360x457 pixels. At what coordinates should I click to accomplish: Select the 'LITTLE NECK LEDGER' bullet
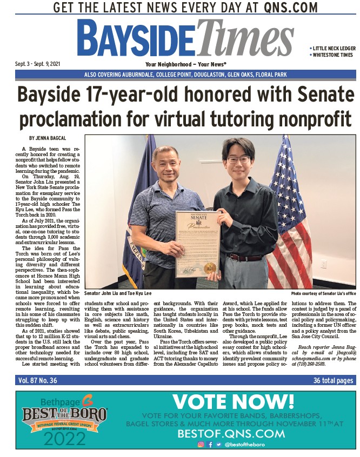click(x=334, y=49)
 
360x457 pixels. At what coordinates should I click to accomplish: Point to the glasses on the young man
click(x=238, y=159)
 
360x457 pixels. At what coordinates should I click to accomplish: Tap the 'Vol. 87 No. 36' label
click(x=37, y=380)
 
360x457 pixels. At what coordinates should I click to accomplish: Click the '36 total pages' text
click(x=334, y=380)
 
